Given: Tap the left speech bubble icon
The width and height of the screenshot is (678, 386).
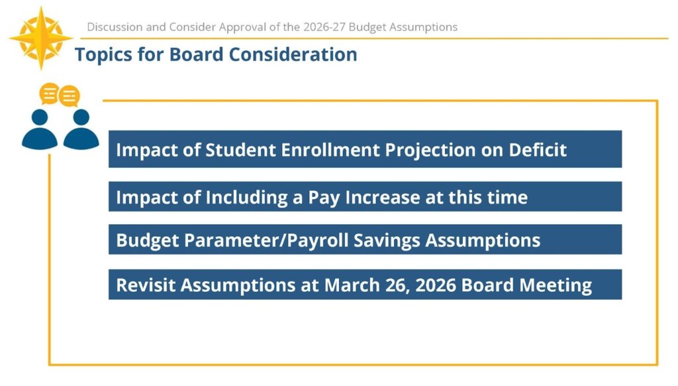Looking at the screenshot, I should click(x=49, y=94).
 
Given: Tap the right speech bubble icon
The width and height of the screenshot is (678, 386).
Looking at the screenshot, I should click(x=70, y=96).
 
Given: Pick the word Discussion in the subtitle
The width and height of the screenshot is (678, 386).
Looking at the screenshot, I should click(x=114, y=27).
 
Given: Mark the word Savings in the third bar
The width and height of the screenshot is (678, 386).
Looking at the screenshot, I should click(x=387, y=240).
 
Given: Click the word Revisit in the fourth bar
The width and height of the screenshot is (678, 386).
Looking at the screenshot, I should click(x=145, y=285).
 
